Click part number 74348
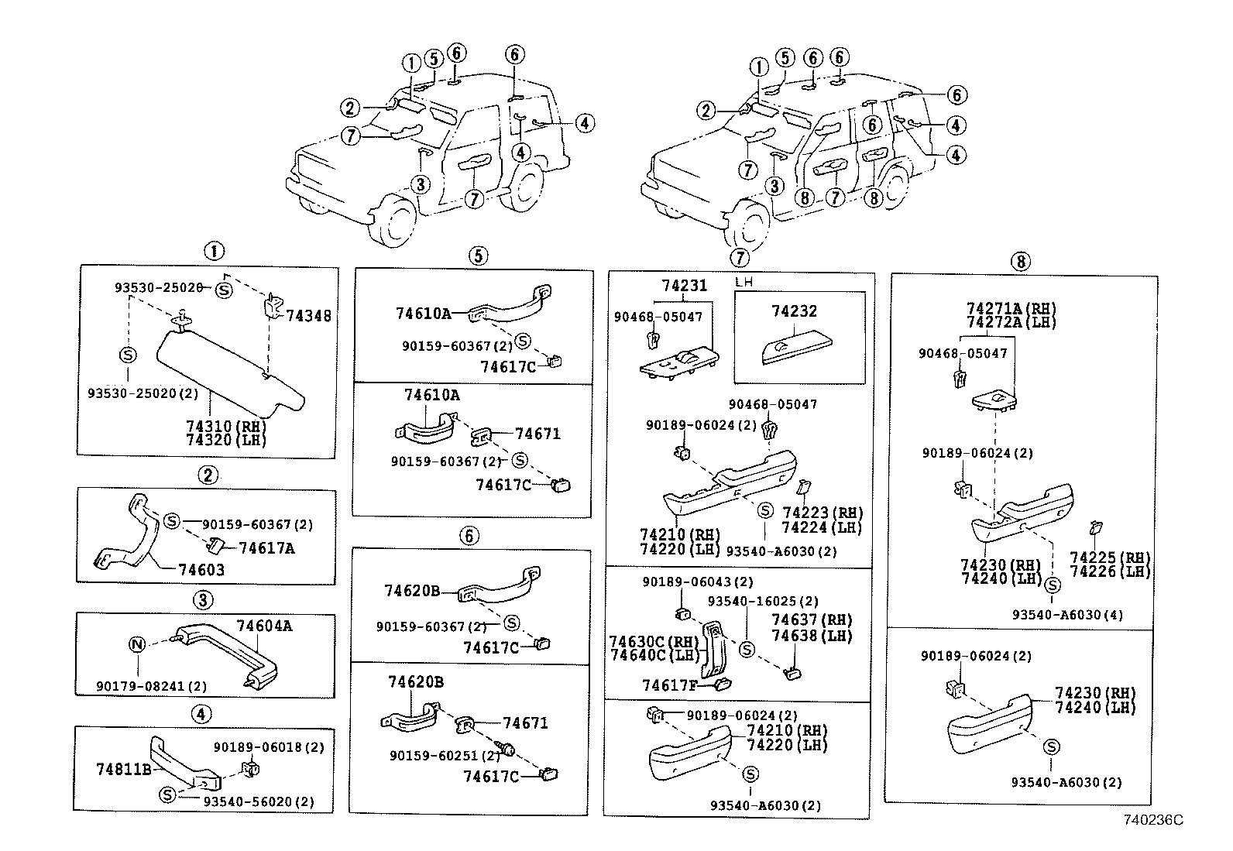click(x=308, y=316)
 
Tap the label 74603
click(x=201, y=570)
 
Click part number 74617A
click(x=266, y=548)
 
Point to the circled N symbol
click(x=136, y=644)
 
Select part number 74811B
click(x=124, y=770)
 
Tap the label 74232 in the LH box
click(x=794, y=311)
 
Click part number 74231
click(x=684, y=286)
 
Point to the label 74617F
click(x=670, y=685)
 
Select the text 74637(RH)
click(x=812, y=620)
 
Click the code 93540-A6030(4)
click(x=1066, y=615)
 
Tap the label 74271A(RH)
click(x=1011, y=308)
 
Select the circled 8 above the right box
click(x=1020, y=261)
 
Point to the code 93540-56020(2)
click(x=259, y=802)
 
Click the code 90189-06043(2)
click(x=686, y=582)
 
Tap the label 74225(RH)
click(x=1110, y=558)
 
